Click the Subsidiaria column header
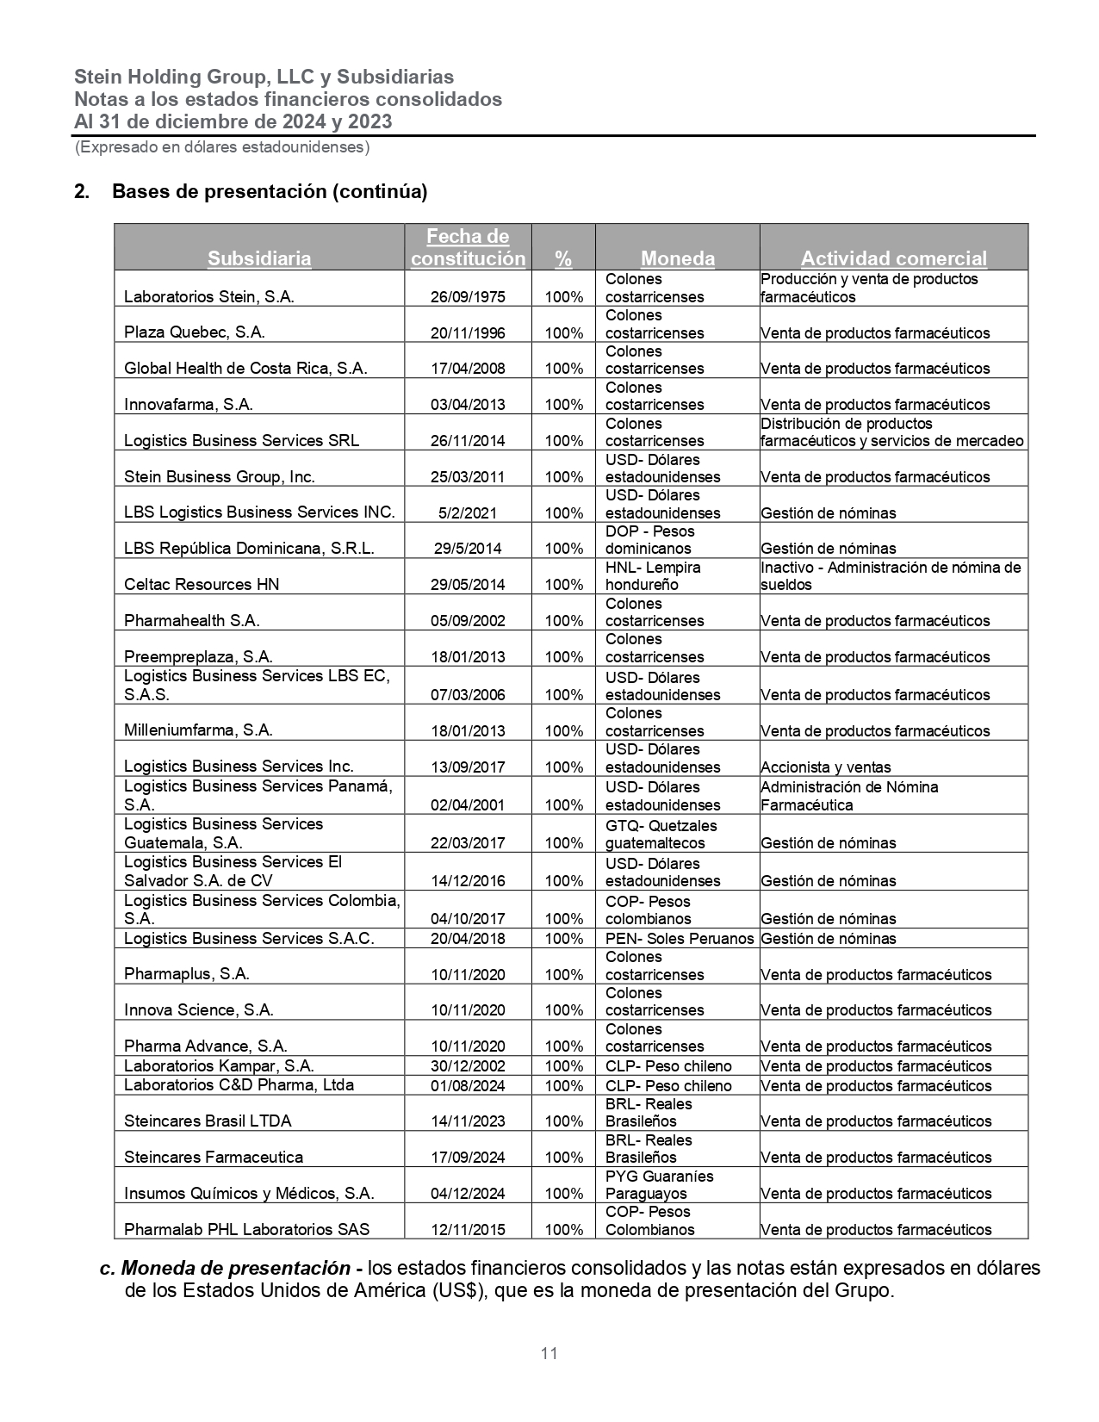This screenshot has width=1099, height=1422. click(259, 258)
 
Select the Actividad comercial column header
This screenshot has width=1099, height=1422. click(893, 258)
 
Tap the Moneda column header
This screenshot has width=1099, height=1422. click(677, 258)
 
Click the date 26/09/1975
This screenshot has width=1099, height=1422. click(468, 297)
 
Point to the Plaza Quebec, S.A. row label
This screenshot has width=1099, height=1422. click(194, 332)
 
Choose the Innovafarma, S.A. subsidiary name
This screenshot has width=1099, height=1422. click(188, 405)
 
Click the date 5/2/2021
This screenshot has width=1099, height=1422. click(468, 513)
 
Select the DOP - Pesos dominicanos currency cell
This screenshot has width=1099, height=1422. click(649, 540)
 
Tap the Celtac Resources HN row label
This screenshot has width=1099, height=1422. click(202, 585)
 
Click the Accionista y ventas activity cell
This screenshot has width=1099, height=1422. click(825, 767)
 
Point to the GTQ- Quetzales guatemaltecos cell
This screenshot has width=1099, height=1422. click(661, 835)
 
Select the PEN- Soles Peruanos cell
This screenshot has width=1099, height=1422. click(679, 939)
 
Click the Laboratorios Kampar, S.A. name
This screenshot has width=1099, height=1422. click(219, 1066)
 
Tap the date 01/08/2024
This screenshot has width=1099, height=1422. click(468, 1086)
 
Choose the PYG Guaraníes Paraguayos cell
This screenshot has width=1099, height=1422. click(659, 1185)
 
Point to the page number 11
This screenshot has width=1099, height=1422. click(549, 1353)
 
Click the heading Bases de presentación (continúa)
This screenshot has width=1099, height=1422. click(269, 191)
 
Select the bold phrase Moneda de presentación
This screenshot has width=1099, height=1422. click(236, 1269)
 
